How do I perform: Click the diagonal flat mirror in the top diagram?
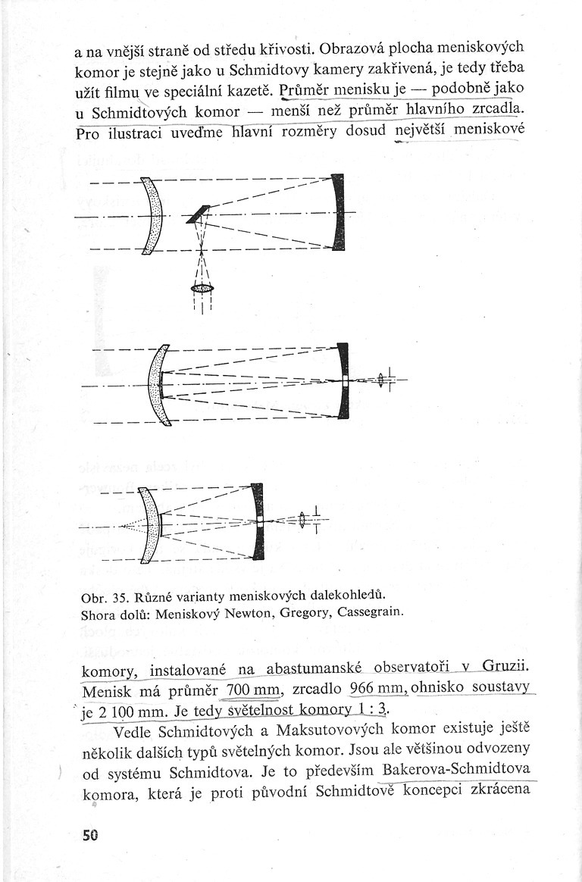pos(198,214)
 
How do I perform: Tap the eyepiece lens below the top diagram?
pos(202,288)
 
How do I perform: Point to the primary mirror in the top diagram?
pos(338,212)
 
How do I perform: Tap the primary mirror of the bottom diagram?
pos(258,521)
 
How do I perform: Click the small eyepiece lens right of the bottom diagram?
pos(302,521)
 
